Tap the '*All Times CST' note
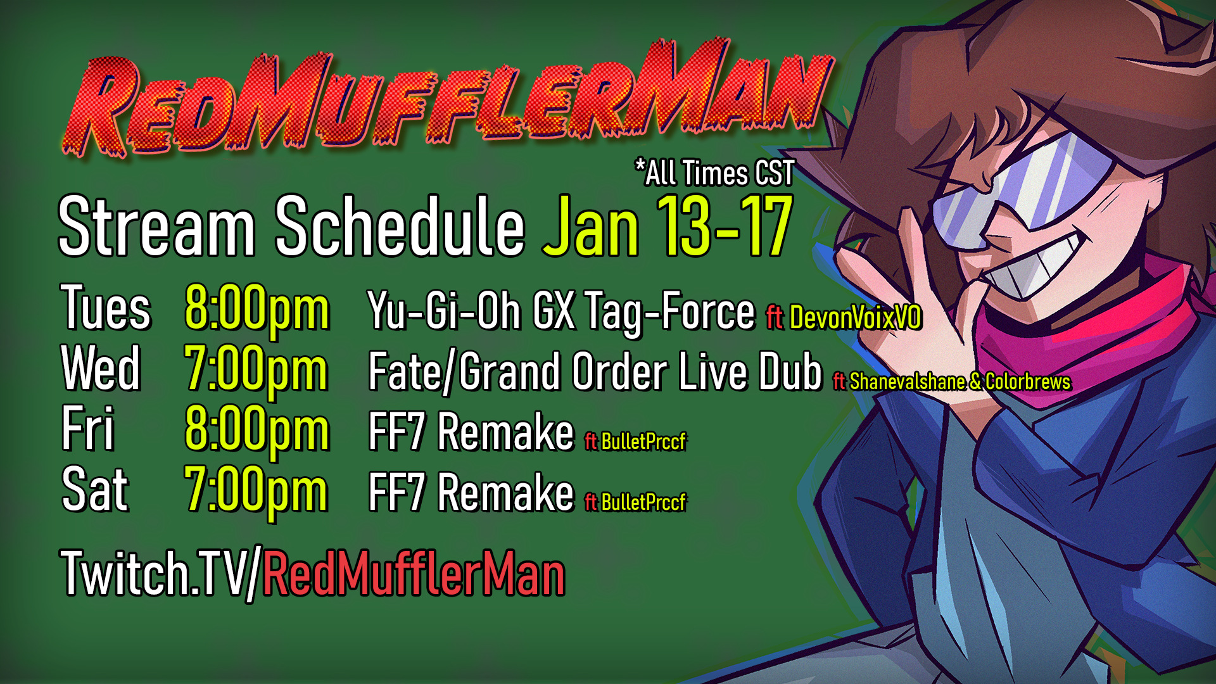(714, 173)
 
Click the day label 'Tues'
(106, 308)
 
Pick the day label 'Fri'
(87, 428)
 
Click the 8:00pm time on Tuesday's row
(256, 311)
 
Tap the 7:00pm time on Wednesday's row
(256, 371)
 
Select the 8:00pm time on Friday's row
(256, 431)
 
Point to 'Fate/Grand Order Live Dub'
(595, 371)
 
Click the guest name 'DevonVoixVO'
(856, 317)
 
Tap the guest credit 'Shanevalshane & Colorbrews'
(960, 381)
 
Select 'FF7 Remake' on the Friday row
(471, 431)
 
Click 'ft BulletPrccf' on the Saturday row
(635, 502)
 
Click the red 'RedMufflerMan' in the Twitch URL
(414, 574)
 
